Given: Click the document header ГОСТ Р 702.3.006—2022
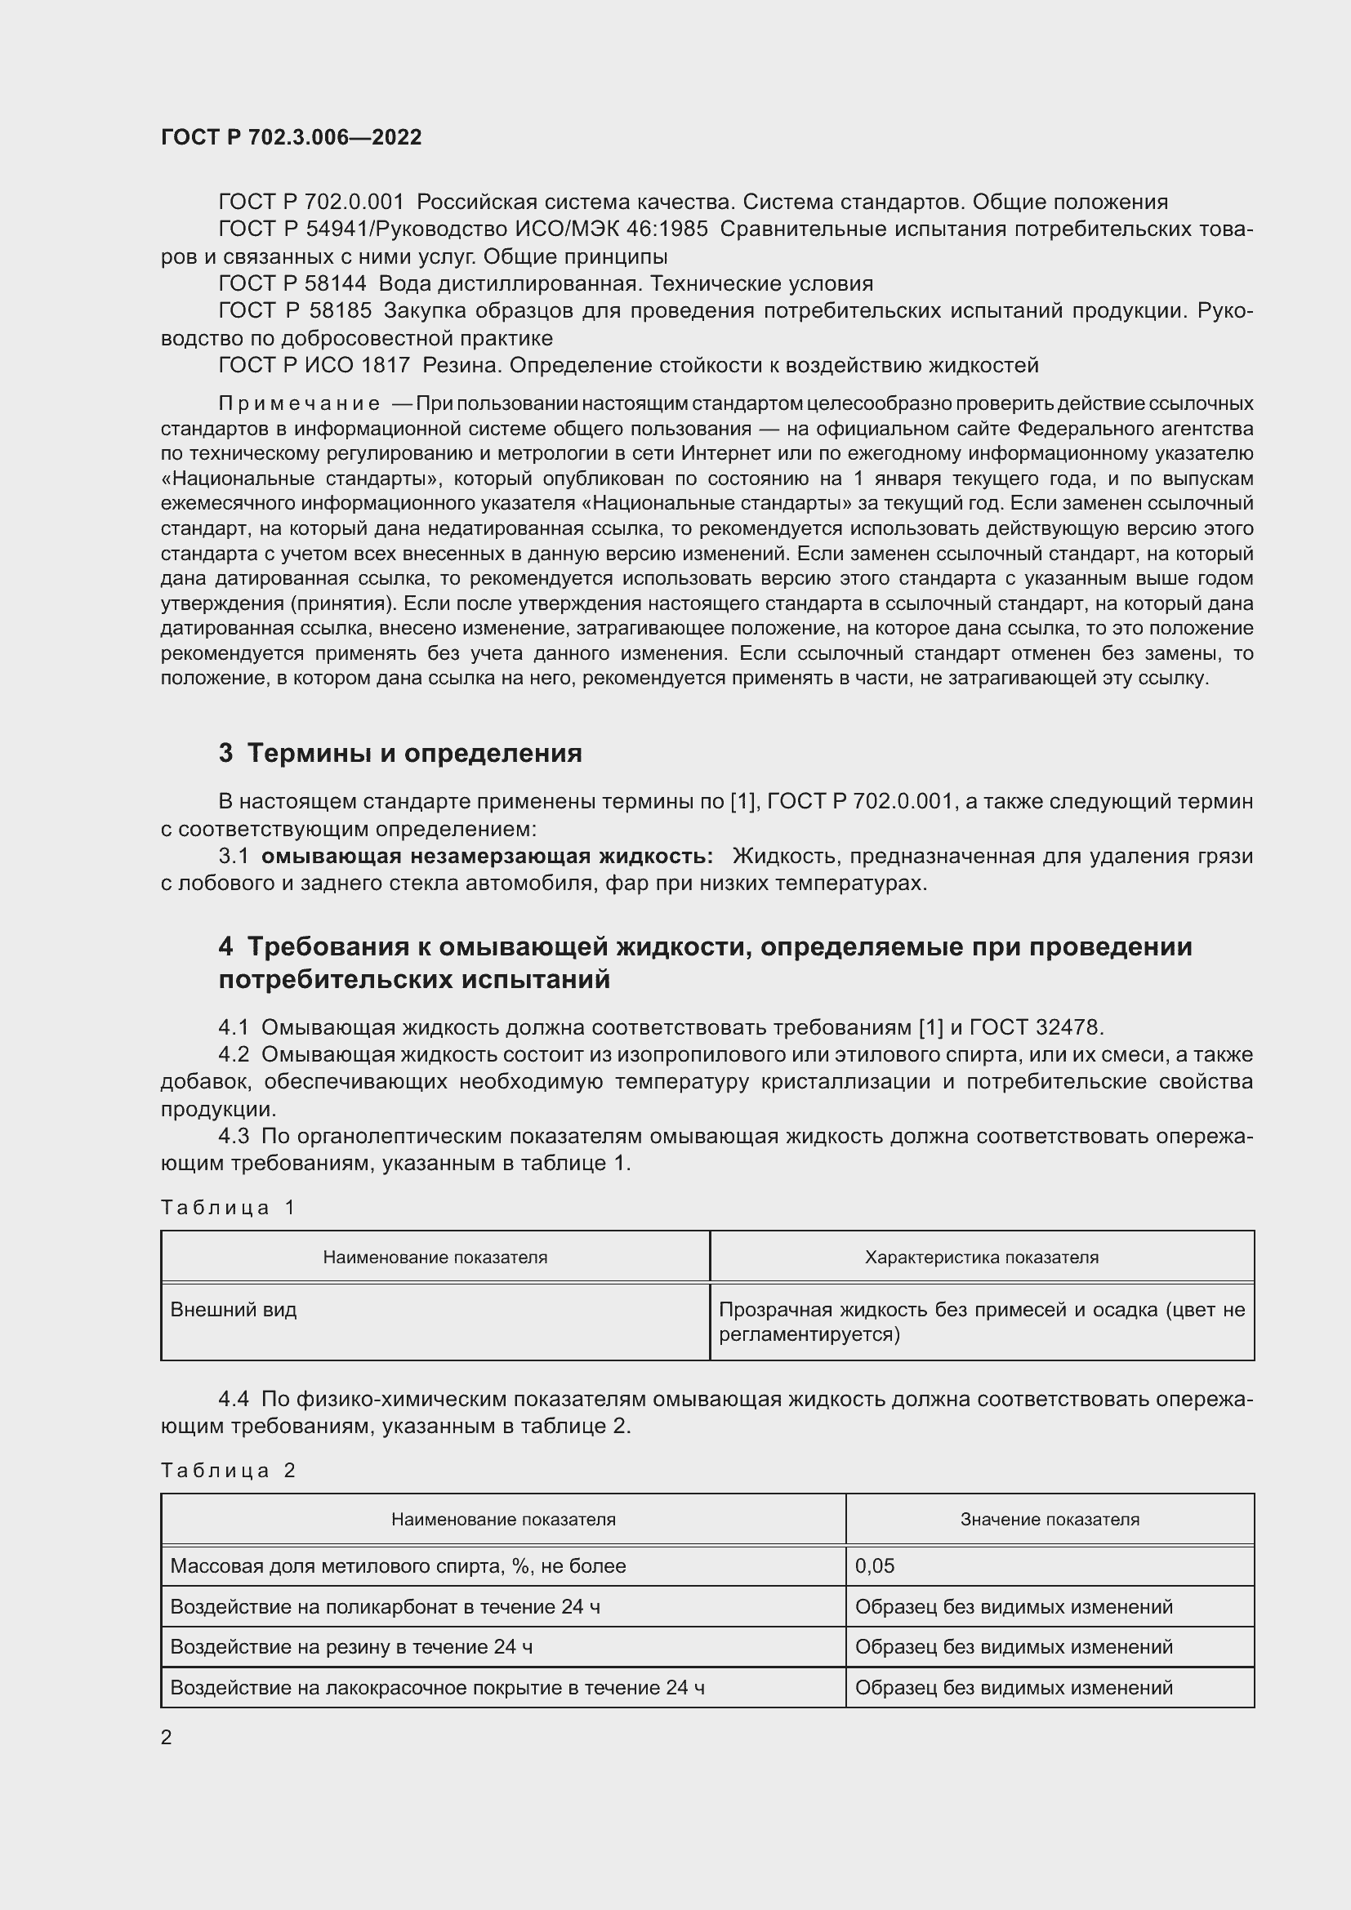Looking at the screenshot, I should coord(291,137).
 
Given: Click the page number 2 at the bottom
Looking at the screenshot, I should coord(167,1737).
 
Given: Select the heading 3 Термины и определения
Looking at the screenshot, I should coord(400,753).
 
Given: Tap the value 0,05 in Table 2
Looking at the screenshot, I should coord(874,1565).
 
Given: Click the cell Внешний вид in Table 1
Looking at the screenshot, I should coord(234,1309).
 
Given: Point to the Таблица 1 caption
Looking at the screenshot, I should coord(228,1207).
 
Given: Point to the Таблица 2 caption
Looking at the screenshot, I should coord(228,1470).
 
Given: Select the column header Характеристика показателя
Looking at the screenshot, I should coord(982,1257).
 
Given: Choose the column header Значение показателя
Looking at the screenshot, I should coord(1050,1519).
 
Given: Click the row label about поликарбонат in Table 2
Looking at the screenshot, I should coord(385,1606).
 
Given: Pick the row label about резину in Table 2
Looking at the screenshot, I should coord(351,1646).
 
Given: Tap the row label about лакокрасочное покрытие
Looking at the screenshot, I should coord(437,1687).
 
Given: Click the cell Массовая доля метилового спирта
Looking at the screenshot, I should coord(398,1565).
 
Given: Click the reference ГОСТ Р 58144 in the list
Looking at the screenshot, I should coord(292,283).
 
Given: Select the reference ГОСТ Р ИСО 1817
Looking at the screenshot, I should coord(314,365).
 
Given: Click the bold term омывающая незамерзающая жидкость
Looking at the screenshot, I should coord(487,856).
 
